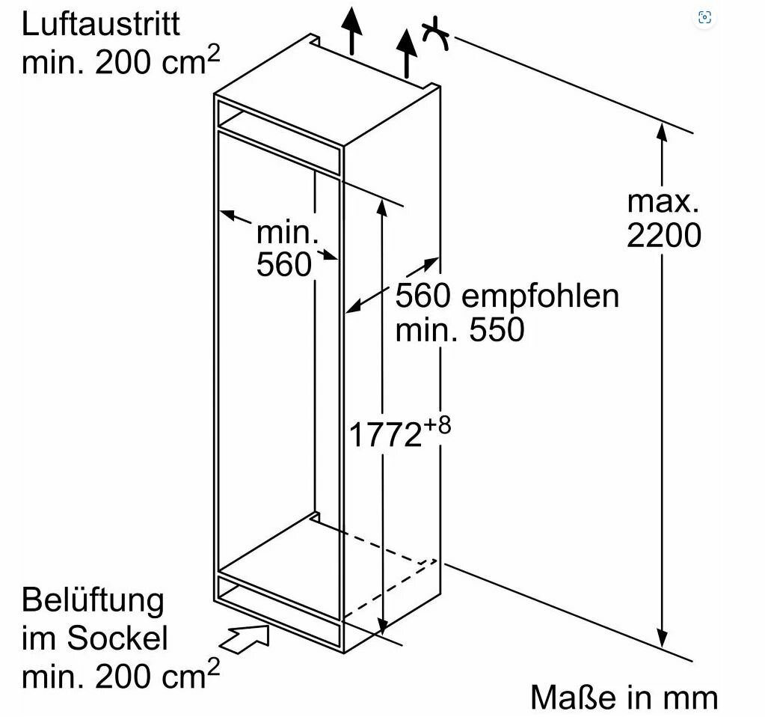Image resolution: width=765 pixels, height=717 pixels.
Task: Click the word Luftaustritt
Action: (x=101, y=24)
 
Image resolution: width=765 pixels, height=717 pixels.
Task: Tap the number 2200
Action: (x=664, y=237)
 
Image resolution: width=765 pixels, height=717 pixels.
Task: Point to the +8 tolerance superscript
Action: (x=439, y=424)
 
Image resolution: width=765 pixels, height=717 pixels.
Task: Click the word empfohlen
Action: (x=540, y=296)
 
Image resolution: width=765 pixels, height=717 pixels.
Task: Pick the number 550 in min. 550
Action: (x=497, y=330)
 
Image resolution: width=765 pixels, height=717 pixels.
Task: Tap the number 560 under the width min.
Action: (x=283, y=265)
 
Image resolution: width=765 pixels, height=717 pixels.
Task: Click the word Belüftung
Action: (x=93, y=601)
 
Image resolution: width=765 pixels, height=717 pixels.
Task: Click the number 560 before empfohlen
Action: (x=423, y=296)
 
